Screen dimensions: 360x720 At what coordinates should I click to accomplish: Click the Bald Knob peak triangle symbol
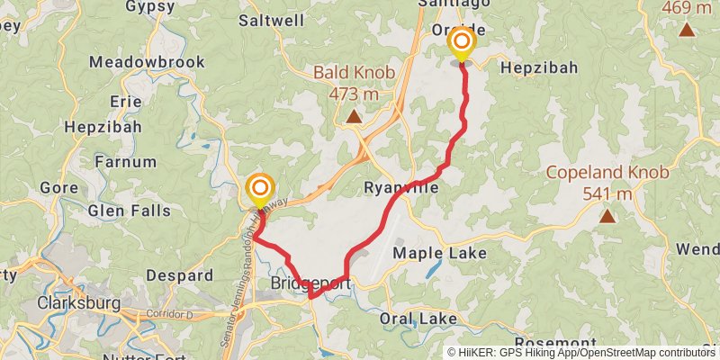(355, 116)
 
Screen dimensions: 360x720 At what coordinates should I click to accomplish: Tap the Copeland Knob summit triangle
(608, 216)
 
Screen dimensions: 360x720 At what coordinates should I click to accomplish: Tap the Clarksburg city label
(78, 303)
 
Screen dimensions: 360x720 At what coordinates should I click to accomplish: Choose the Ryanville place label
(401, 188)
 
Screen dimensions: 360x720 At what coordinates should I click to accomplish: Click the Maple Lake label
(440, 253)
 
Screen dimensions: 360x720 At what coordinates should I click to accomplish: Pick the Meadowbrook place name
(148, 62)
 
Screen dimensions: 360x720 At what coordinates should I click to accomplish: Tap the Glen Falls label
(129, 211)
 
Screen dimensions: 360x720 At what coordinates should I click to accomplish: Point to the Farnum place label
(125, 163)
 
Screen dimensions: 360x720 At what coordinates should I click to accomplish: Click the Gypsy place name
(149, 6)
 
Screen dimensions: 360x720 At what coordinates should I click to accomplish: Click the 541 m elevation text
(608, 193)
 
